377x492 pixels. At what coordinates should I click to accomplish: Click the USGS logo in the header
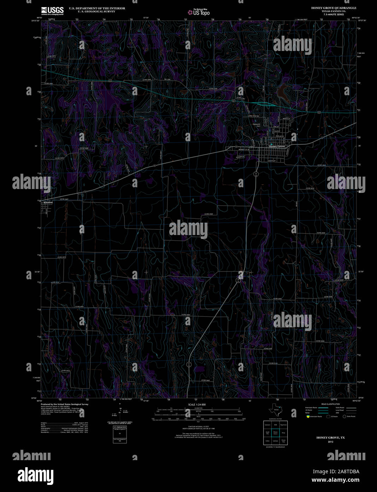click(x=52, y=11)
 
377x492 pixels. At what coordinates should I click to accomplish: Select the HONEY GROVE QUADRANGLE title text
click(x=329, y=8)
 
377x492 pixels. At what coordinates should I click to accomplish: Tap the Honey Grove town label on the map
click(x=277, y=146)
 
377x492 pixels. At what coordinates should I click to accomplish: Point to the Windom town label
click(x=48, y=202)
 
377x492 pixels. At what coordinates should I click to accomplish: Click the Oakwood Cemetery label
click(x=257, y=125)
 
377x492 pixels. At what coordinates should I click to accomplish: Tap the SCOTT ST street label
click(x=272, y=161)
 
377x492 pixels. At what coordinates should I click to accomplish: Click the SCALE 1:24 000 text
click(x=197, y=404)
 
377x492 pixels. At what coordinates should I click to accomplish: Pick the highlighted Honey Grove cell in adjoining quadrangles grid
click(x=276, y=433)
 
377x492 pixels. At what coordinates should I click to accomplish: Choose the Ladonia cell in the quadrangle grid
click(x=276, y=441)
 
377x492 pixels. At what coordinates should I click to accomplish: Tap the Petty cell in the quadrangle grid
click(x=283, y=433)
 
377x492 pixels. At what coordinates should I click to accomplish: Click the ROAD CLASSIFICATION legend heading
click(x=330, y=404)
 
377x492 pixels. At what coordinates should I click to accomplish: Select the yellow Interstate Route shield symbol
click(x=308, y=416)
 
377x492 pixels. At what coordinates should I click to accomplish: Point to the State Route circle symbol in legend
click(x=344, y=416)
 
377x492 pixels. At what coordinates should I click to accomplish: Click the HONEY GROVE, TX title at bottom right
click(x=330, y=437)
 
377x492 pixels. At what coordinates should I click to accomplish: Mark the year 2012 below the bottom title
click(x=330, y=442)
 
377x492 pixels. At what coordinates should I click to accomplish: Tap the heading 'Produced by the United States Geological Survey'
click(x=65, y=404)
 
